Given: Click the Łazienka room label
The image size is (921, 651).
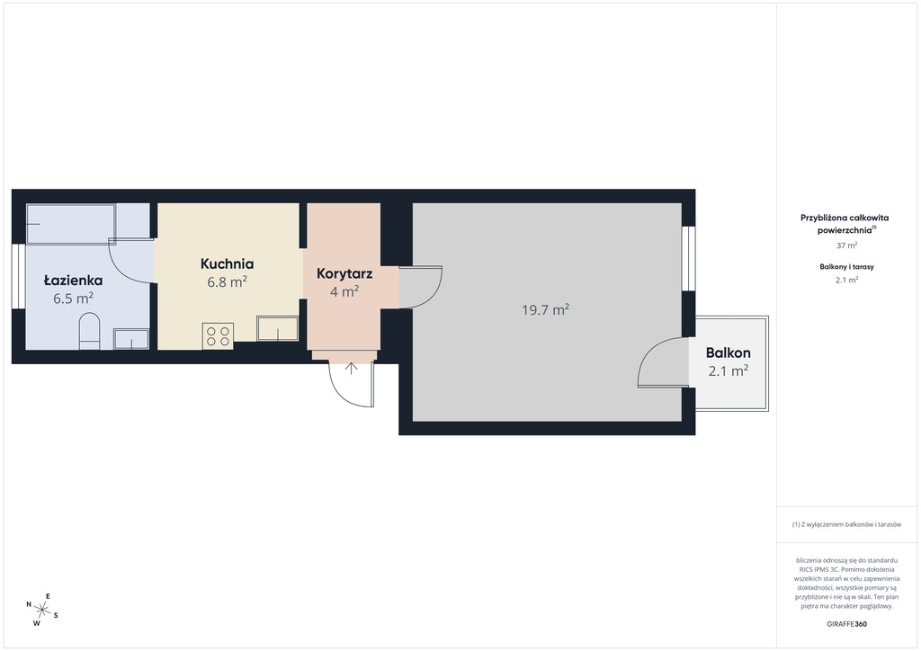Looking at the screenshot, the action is pos(74,281).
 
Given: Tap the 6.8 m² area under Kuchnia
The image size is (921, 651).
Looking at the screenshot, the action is pos(227,281).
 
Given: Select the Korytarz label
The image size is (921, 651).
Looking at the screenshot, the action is pos(344,273).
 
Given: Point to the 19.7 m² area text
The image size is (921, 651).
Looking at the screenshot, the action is pos(546,309).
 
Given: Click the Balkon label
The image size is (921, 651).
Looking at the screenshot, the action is pos(729,352).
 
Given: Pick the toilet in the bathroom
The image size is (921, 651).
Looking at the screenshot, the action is pos(89,331).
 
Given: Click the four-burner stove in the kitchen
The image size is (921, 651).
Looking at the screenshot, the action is pos(218,335).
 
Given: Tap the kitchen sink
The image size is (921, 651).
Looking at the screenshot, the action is pos(277,329).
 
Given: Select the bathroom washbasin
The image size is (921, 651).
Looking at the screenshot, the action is pos(131,339).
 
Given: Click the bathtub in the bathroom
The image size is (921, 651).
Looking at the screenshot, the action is pos(71,223).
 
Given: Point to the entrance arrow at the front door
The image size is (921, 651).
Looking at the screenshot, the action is pos(351,369).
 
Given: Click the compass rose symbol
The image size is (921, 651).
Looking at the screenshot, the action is pos(41,610).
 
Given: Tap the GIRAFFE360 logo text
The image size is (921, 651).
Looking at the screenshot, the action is pos(846,624).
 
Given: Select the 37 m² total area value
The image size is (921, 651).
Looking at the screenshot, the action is pos(846,245).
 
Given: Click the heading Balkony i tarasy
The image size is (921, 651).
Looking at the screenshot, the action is pos(846,266).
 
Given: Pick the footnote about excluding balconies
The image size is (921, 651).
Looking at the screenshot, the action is pos(846,524).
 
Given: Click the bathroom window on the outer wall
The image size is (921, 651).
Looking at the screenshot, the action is pos(19,276).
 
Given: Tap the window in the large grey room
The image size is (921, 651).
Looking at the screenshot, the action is pos(688,258).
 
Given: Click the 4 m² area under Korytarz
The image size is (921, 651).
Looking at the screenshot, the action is pos(344,291).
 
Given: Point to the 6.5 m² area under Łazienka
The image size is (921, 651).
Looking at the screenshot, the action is pos(74,299).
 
